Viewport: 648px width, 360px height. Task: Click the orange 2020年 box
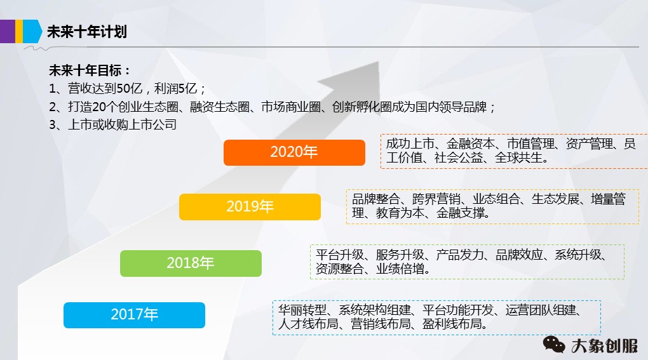point(294,152)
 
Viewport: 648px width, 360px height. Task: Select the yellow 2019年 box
point(250,207)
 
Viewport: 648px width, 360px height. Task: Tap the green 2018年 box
point(191,263)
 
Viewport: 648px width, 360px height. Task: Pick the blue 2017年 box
point(134,315)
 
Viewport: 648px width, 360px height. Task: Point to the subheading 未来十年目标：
point(90,70)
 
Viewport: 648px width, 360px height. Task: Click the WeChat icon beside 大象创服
point(553,345)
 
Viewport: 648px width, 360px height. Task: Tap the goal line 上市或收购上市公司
point(122,124)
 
